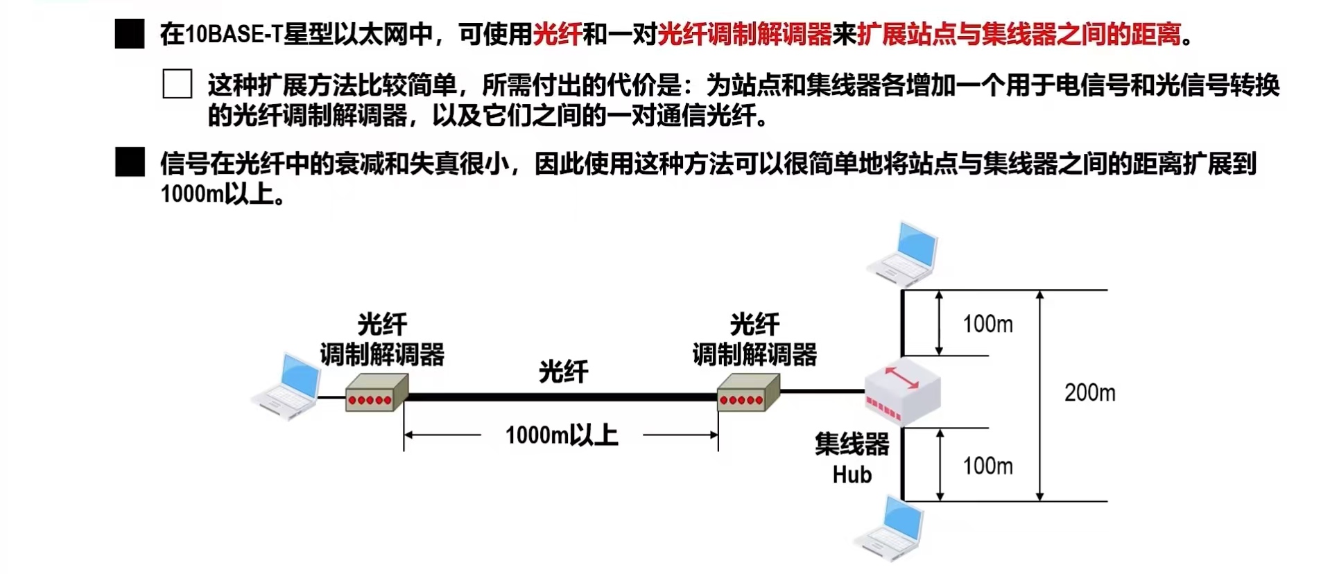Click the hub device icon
pyautogui.click(x=902, y=392)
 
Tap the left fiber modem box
pyautogui.click(x=376, y=392)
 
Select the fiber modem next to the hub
pyautogui.click(x=748, y=392)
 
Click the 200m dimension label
pyautogui.click(x=1089, y=393)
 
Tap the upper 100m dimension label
pyautogui.click(x=987, y=324)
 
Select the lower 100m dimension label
pyautogui.click(x=987, y=466)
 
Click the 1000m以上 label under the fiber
pyautogui.click(x=562, y=435)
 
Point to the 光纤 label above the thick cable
pyautogui.click(x=563, y=372)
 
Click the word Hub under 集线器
pyautogui.click(x=852, y=475)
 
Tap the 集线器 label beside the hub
pyautogui.click(x=852, y=444)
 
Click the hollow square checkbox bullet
pyautogui.click(x=178, y=84)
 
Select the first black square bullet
pyautogui.click(x=130, y=34)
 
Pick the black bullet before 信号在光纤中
pyautogui.click(x=130, y=163)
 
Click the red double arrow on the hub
pyautogui.click(x=901, y=376)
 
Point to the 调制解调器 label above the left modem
pyautogui.click(x=382, y=355)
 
